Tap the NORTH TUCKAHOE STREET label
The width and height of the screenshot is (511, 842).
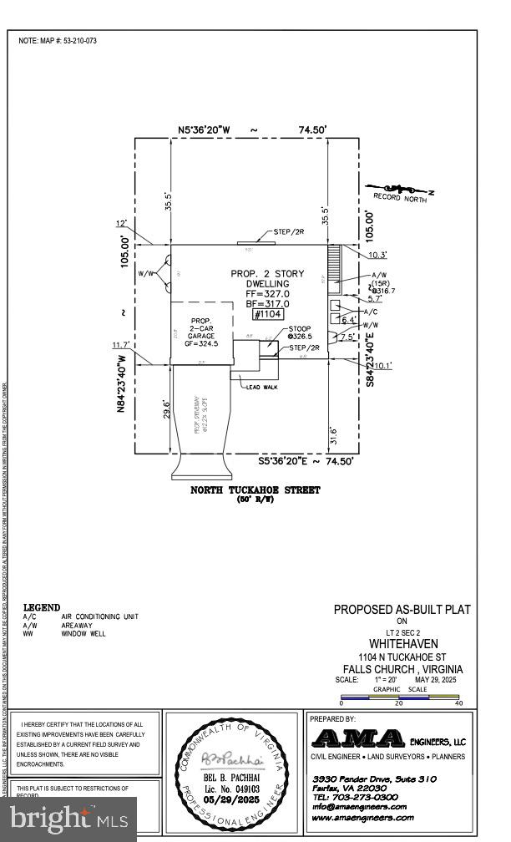click(255, 490)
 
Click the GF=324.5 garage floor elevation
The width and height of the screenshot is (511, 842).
click(200, 342)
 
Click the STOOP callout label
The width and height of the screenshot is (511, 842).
click(300, 329)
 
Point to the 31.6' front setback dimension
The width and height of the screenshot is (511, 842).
click(334, 434)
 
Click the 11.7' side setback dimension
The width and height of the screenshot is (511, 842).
click(124, 344)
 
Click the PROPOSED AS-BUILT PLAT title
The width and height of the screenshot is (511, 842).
click(402, 610)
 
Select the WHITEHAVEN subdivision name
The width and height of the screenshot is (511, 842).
click(402, 646)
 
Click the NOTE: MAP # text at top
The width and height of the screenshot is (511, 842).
click(58, 40)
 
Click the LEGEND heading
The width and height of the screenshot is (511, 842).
click(42, 607)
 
